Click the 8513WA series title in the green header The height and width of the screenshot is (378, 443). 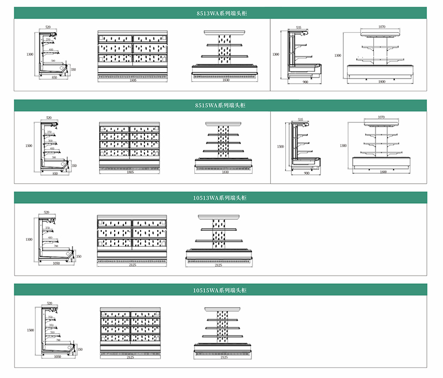click(x=220, y=12)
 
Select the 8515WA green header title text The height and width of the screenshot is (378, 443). click(x=220, y=105)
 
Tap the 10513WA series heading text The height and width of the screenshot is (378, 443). click(x=220, y=197)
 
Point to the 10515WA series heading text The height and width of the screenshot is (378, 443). click(x=220, y=289)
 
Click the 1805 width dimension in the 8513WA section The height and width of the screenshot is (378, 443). click(x=131, y=81)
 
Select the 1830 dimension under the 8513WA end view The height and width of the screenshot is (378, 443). click(x=224, y=81)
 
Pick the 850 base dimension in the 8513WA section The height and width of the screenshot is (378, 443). click(x=54, y=78)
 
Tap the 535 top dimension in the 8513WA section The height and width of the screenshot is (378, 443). click(x=298, y=27)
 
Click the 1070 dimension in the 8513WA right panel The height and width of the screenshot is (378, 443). click(x=382, y=27)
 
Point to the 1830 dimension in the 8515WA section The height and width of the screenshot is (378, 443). click(x=224, y=173)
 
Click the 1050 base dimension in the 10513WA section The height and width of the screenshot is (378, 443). click(x=56, y=264)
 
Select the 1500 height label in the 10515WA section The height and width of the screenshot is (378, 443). click(x=30, y=330)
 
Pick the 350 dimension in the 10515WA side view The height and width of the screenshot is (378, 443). click(x=79, y=349)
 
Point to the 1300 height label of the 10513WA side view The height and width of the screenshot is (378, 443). click(x=29, y=239)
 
